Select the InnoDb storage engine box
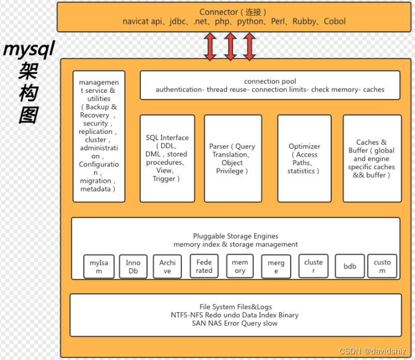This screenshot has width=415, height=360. tap(133, 267)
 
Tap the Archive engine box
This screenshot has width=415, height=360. tap(167, 266)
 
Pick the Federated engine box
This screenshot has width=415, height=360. tap(204, 266)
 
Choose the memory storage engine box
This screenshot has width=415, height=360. tap(240, 266)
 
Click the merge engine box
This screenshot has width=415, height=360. tap(276, 267)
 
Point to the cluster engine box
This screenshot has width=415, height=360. tap(313, 266)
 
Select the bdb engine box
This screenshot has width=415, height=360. tap(349, 266)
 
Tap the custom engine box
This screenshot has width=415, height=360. tap(382, 266)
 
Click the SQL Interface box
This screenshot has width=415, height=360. tap(167, 158)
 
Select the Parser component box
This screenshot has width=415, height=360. tap(233, 158)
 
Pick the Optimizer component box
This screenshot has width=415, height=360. tap(304, 158)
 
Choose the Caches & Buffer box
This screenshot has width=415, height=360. tap(372, 158)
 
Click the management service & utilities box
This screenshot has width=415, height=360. tap(99, 136)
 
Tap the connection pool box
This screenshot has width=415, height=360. tap(270, 85)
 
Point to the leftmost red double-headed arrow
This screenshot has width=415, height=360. tap(210, 46)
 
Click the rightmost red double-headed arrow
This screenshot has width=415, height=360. tap(249, 46)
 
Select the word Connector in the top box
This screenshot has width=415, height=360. tap(218, 12)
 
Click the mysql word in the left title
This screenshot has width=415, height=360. tap(29, 50)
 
